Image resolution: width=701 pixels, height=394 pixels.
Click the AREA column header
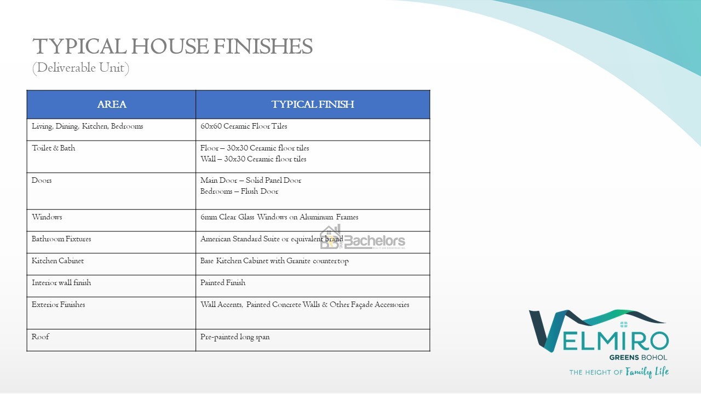click(112, 104)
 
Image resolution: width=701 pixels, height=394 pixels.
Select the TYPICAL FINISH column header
click(313, 104)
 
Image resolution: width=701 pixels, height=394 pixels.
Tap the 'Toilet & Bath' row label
click(54, 148)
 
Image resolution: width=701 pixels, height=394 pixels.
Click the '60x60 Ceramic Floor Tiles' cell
click(244, 126)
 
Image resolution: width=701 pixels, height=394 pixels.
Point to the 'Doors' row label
click(42, 181)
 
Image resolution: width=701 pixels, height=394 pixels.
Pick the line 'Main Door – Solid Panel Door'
click(251, 181)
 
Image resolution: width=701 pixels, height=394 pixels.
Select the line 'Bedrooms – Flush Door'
click(239, 191)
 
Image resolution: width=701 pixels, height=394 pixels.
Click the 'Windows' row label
click(47, 217)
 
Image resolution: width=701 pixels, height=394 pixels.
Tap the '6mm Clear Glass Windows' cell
click(279, 217)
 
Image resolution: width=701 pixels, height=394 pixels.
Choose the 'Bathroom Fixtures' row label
click(61, 239)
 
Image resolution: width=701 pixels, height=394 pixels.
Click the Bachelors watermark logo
click(363, 237)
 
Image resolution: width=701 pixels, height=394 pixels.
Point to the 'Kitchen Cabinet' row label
click(58, 261)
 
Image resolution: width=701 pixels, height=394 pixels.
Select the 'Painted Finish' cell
click(223, 283)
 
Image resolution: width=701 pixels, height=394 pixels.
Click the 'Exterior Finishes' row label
click(58, 305)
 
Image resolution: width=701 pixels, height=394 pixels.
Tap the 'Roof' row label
click(41, 337)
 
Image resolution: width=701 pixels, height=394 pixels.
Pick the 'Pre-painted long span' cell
click(235, 337)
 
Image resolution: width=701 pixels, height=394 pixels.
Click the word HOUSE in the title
click(170, 47)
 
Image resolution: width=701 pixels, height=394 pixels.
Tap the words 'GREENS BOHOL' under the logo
click(638, 357)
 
